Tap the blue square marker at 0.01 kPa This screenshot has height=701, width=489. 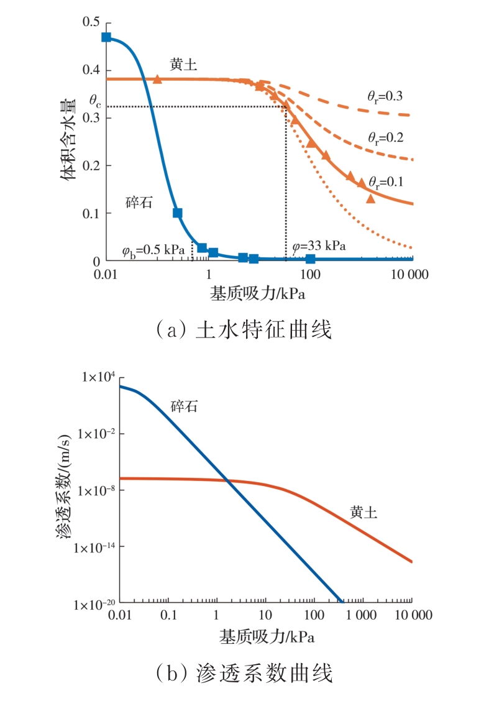pyautogui.click(x=106, y=37)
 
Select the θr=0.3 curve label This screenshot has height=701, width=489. pyautogui.click(x=385, y=96)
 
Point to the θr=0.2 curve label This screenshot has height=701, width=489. pyautogui.click(x=385, y=138)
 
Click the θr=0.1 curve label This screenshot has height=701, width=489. pyautogui.click(x=385, y=182)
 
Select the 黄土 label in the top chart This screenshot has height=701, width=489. pyautogui.click(x=183, y=64)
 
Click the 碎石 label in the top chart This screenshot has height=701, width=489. pyautogui.click(x=139, y=203)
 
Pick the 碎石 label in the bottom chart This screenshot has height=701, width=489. pyautogui.click(x=185, y=407)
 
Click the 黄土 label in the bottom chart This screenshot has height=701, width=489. pyautogui.click(x=363, y=513)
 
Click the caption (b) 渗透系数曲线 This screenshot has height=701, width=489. pyautogui.click(x=244, y=673)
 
